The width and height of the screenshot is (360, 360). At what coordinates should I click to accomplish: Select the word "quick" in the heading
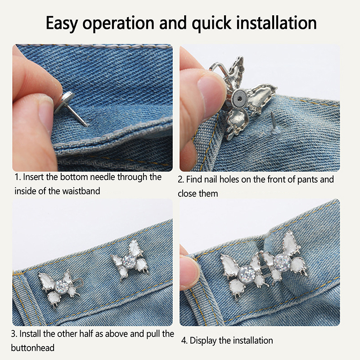coord(211,23)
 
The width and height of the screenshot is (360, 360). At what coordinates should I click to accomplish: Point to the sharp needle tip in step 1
coord(87,126)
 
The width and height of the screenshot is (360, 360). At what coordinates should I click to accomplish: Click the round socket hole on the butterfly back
coord(240,99)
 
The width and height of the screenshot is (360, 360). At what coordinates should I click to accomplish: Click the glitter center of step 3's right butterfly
coord(130,261)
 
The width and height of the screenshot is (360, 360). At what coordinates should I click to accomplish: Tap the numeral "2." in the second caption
coord(181,180)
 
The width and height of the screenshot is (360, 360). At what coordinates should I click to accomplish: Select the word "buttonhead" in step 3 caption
coord(32,348)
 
